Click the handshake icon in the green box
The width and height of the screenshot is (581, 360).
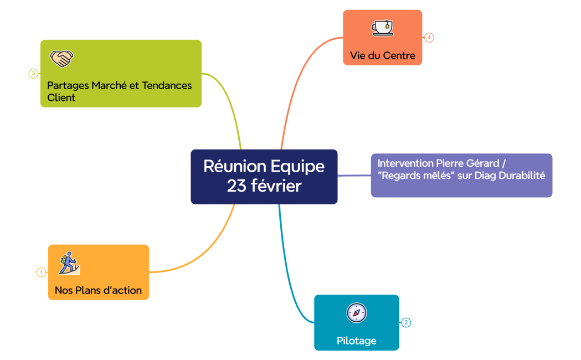[61, 58]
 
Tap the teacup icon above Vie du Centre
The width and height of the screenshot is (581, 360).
[382, 28]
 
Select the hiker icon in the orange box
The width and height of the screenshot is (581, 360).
[69, 264]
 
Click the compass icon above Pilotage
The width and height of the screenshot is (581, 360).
[356, 313]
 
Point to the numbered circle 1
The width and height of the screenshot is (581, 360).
[41, 272]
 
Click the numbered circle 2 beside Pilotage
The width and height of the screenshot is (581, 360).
[406, 322]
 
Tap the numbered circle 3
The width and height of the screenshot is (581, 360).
[33, 73]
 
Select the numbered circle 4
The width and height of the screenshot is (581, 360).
[429, 38]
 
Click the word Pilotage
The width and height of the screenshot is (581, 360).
[356, 341]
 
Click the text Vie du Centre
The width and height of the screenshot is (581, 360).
[382, 56]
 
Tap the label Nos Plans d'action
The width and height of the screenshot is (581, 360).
[98, 290]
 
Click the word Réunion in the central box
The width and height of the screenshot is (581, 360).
[233, 166]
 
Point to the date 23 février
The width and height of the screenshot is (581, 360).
[264, 186]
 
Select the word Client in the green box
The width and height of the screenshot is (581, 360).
[61, 97]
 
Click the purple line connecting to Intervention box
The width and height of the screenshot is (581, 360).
[354, 176]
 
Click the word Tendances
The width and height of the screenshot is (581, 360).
[167, 85]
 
